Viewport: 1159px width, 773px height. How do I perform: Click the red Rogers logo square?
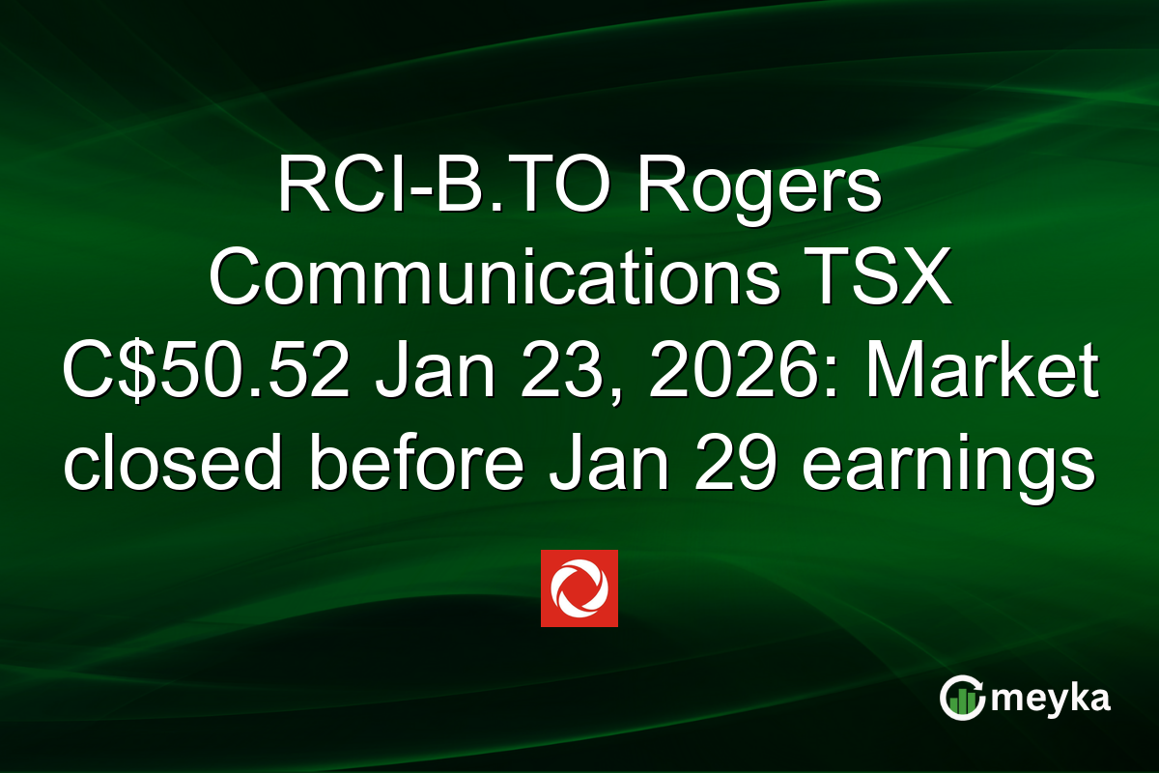[x=579, y=588]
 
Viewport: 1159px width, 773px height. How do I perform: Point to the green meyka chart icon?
[x=962, y=698]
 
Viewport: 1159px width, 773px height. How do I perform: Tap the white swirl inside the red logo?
[x=579, y=588]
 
